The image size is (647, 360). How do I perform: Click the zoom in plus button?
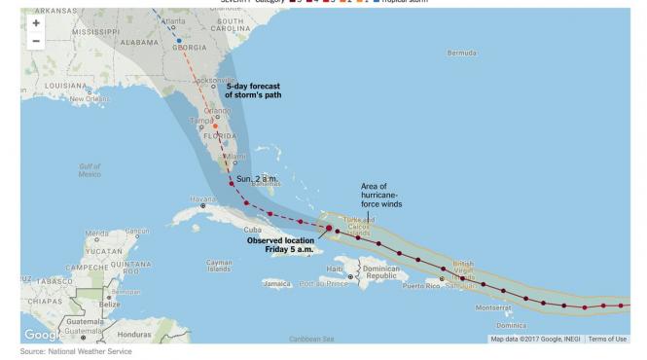click(36, 22)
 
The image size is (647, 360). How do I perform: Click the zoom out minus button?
click(36, 41)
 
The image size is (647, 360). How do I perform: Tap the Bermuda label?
click(461, 53)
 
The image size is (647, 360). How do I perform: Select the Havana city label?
click(202, 198)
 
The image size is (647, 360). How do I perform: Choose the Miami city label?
click(236, 156)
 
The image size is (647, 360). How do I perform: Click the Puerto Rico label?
click(419, 286)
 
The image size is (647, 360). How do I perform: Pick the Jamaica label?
click(277, 284)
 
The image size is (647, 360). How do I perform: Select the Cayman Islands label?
click(219, 265)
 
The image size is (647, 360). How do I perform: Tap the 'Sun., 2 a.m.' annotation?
click(257, 180)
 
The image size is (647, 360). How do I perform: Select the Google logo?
click(41, 335)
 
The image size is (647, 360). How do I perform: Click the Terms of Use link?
click(607, 339)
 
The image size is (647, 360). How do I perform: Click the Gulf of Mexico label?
click(90, 170)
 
